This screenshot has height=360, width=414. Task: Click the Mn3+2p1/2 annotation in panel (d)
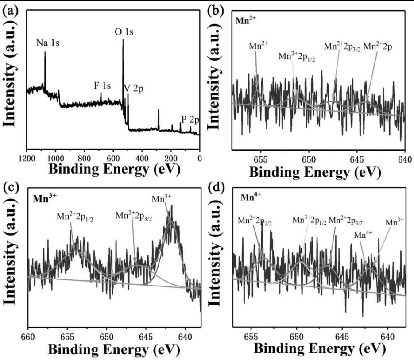click(x=310, y=220)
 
